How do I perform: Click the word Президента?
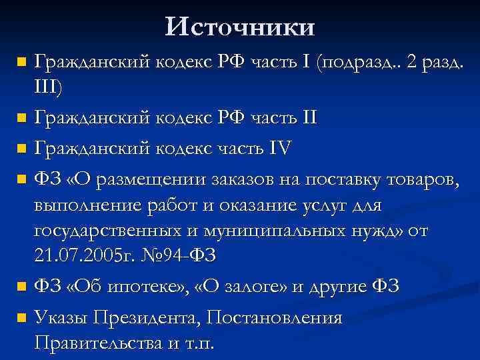pyautogui.click(x=147, y=317)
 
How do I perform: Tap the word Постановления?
pyautogui.click(x=275, y=317)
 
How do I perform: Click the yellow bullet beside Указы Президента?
pyautogui.click(x=21, y=318)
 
